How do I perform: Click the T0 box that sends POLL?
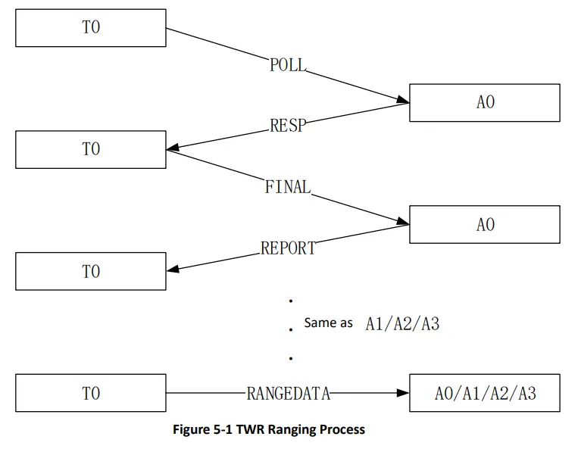(90, 28)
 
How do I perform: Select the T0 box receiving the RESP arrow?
(90, 149)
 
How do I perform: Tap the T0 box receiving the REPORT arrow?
(90, 271)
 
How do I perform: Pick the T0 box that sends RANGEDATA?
(90, 393)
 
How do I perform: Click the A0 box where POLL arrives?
(485, 102)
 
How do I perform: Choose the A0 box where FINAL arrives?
(485, 225)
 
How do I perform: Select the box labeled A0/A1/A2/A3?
(485, 393)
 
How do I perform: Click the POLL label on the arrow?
(288, 65)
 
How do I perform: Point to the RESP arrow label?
(288, 126)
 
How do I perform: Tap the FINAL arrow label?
(288, 187)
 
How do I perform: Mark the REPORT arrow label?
(288, 248)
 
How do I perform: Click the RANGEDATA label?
(289, 393)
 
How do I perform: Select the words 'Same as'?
(328, 323)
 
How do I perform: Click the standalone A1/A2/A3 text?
(402, 323)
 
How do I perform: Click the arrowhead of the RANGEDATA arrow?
(403, 393)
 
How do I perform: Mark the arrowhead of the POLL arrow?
(403, 100)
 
